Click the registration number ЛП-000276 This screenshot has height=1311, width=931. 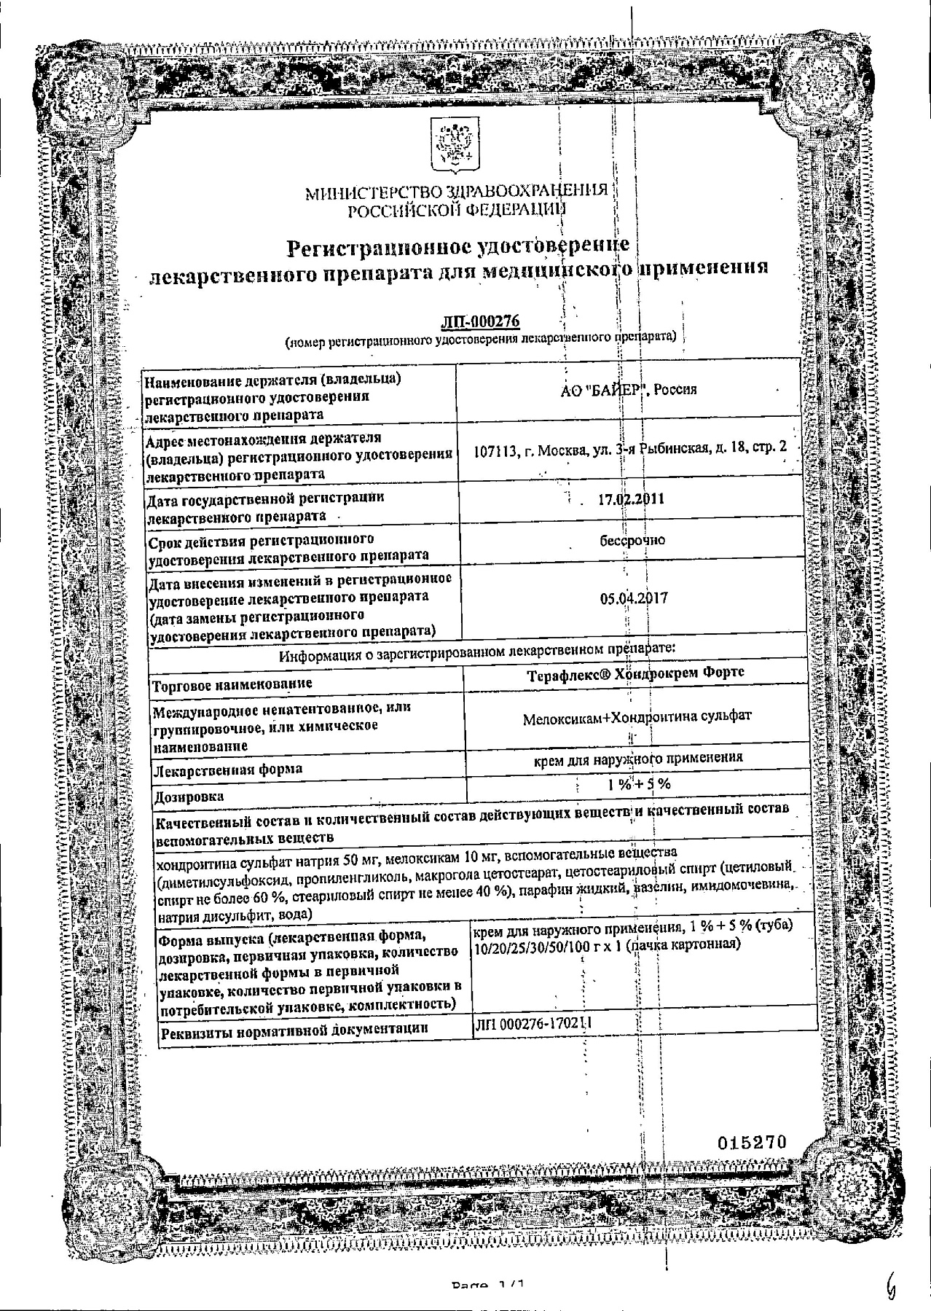coord(480,322)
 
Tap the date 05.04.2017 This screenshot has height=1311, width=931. coord(634,598)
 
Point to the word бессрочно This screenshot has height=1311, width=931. coord(631,540)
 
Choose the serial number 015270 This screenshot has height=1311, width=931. coord(753,1143)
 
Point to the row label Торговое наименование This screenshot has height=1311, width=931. coord(230,684)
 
